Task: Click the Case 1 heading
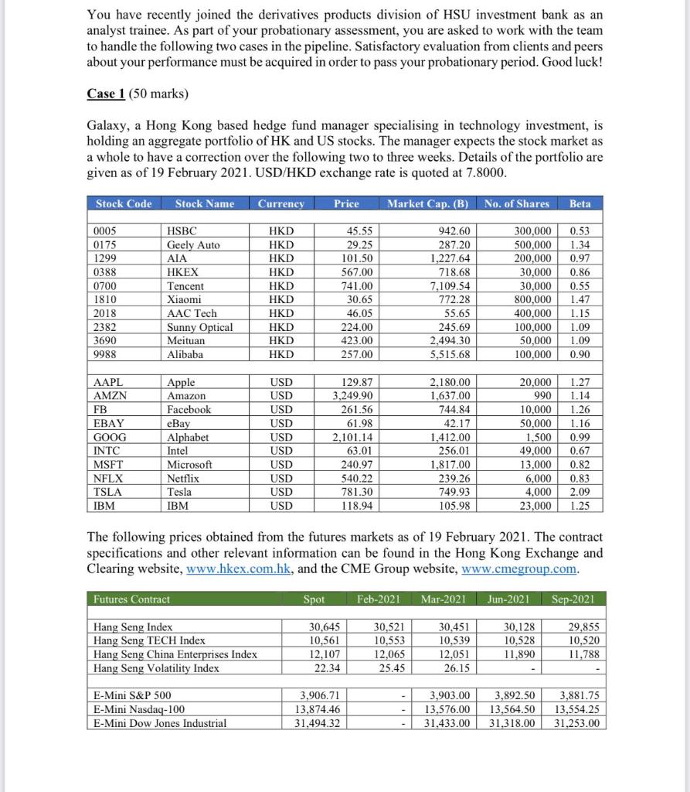(107, 94)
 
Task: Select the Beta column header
(580, 203)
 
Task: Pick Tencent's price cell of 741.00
(357, 286)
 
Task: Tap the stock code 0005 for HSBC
(104, 231)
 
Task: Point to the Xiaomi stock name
(185, 299)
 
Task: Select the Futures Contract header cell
(131, 599)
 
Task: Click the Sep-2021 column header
(573, 599)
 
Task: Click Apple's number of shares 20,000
(535, 382)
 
